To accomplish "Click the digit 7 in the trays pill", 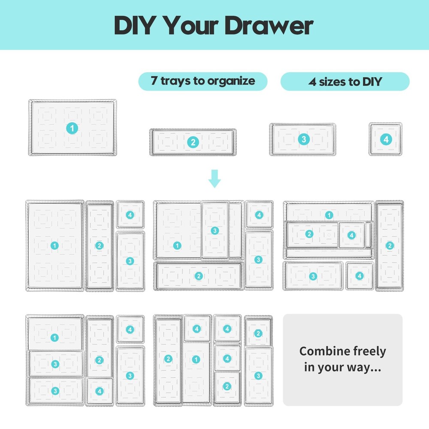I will [x=154, y=81].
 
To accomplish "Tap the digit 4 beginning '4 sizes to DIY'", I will [x=312, y=82].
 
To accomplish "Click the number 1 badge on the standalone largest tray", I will [x=72, y=127].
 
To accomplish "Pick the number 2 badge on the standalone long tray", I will [x=193, y=142].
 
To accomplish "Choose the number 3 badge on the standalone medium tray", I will [x=303, y=139].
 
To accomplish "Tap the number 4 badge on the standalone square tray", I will [x=385, y=139].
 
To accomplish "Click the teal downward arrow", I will [x=214, y=179].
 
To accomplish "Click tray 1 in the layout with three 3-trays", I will [x=54, y=338].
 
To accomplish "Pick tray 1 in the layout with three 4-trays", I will [x=196, y=360].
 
